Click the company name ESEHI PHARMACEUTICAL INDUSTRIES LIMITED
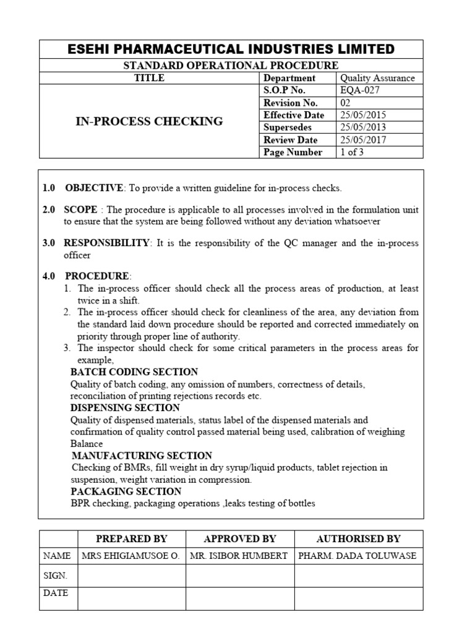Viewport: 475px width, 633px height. (x=231, y=49)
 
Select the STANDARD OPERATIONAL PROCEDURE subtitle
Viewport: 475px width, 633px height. (x=231, y=65)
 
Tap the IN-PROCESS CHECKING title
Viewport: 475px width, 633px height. (x=149, y=121)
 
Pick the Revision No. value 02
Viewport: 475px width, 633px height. (x=346, y=103)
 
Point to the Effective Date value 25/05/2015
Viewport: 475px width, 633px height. (x=363, y=115)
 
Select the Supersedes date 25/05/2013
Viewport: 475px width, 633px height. (x=363, y=127)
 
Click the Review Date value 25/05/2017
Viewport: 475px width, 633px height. (x=363, y=140)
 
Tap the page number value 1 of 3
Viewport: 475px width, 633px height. (x=352, y=152)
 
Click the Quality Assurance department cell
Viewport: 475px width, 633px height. (x=377, y=78)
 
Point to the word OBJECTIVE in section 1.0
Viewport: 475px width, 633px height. (x=95, y=188)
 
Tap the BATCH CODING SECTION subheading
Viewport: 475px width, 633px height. (x=134, y=372)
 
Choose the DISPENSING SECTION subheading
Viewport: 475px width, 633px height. (x=125, y=408)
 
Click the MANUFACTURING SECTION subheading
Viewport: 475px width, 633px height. (x=142, y=456)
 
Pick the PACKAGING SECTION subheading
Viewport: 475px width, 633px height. (x=126, y=491)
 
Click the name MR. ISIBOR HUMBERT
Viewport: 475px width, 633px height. (x=239, y=556)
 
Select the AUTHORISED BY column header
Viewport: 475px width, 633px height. (x=358, y=538)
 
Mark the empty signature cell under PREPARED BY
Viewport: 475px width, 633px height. (x=131, y=576)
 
